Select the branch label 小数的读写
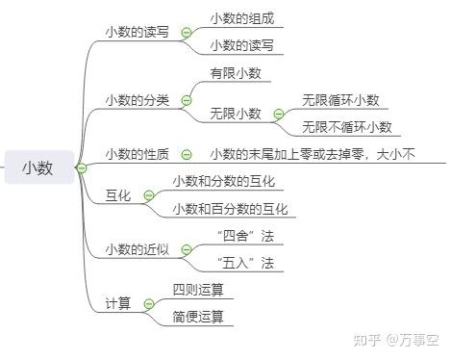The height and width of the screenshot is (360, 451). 137,31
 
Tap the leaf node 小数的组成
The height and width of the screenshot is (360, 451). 241,18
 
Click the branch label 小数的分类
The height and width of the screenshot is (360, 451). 137,99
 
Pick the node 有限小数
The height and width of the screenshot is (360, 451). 236,73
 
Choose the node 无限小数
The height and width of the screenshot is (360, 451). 236,114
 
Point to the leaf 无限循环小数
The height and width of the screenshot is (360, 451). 340,100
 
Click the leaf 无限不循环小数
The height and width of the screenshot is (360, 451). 346,127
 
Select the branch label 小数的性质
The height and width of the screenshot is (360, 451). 137,154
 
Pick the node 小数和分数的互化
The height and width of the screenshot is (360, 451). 223,182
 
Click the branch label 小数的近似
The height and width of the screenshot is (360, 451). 137,249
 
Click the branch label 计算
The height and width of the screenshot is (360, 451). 117,304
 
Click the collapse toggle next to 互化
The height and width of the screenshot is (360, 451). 148,196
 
